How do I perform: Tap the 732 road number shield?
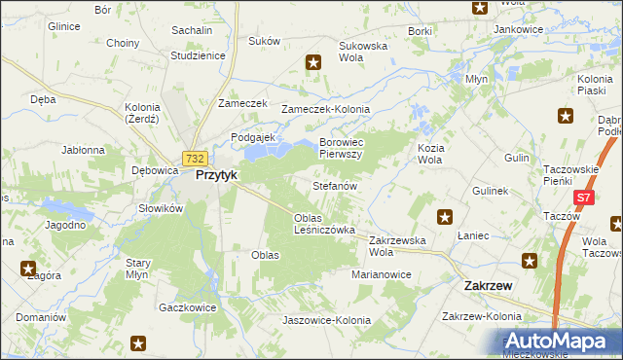click(x=195, y=159)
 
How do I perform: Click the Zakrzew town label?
click(x=483, y=286)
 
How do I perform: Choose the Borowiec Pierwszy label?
click(x=341, y=148)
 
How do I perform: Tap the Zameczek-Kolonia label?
click(x=319, y=109)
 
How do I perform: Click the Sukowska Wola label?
click(x=363, y=52)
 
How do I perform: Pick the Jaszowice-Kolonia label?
click(x=326, y=320)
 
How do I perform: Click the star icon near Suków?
click(x=313, y=64)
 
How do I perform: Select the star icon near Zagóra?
click(x=27, y=269)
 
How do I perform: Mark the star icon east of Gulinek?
click(x=445, y=218)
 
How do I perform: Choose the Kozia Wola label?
click(x=430, y=153)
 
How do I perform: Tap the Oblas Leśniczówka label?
click(x=324, y=224)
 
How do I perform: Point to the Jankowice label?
click(x=518, y=29)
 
